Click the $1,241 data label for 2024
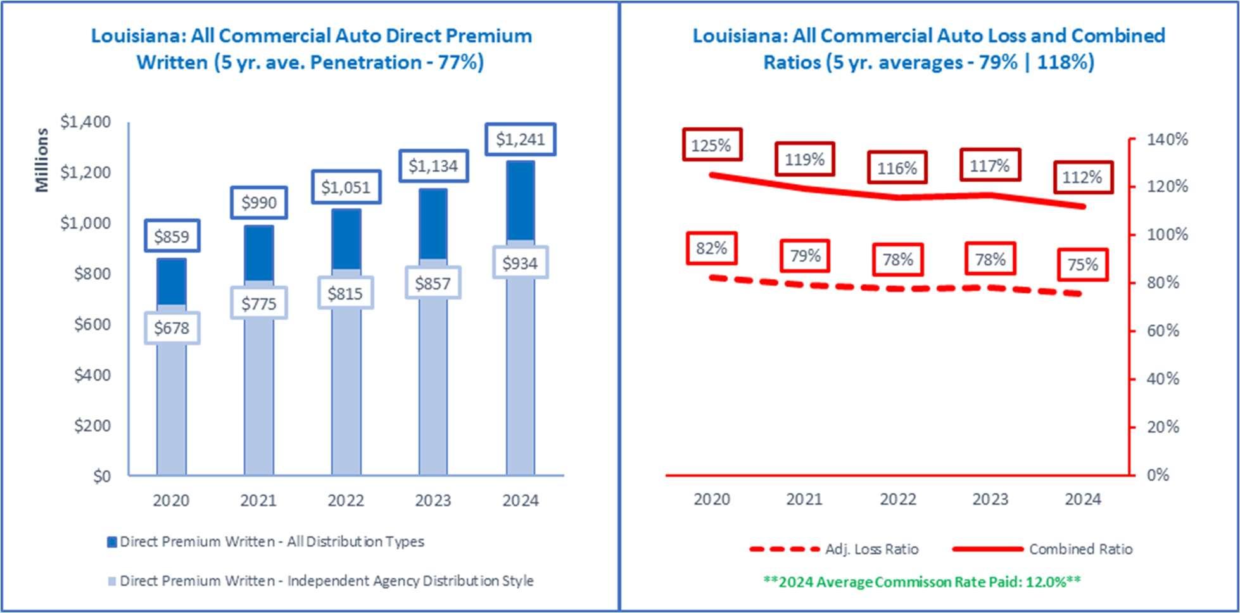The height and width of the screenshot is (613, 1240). tap(521, 139)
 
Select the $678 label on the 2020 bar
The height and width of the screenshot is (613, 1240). tap(172, 328)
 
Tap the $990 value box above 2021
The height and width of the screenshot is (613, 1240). tap(259, 203)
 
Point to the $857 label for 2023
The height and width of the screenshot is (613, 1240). tap(433, 283)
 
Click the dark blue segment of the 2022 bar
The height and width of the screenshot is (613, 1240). tap(346, 239)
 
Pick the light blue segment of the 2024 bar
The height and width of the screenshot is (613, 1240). tap(521, 358)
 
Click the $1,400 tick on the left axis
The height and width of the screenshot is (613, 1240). tap(85, 122)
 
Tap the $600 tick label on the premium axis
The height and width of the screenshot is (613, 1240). tap(92, 324)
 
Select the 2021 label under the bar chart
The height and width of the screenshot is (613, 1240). tap(258, 500)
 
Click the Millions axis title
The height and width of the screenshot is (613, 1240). tap(42, 160)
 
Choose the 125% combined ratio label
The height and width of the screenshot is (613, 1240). tap(712, 145)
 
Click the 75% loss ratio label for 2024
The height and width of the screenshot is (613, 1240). tap(1083, 264)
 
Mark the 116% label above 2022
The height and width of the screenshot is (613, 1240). tap(897, 168)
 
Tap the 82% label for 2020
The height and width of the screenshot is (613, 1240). tap(712, 248)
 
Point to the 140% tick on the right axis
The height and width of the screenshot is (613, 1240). tap(1167, 139)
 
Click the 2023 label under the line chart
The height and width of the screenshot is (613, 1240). tap(990, 499)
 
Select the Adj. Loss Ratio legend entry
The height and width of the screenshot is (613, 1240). tap(834, 549)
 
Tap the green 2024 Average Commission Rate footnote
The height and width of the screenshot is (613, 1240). tap(922, 581)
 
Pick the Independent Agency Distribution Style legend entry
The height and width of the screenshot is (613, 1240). tap(321, 581)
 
